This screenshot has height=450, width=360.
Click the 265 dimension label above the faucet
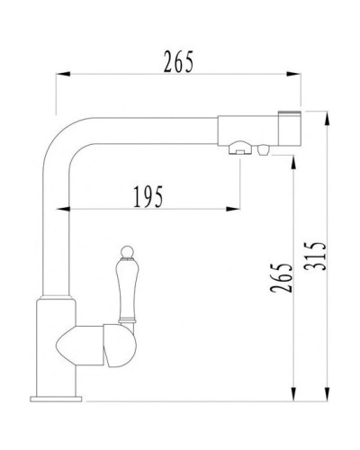point(178,62)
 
